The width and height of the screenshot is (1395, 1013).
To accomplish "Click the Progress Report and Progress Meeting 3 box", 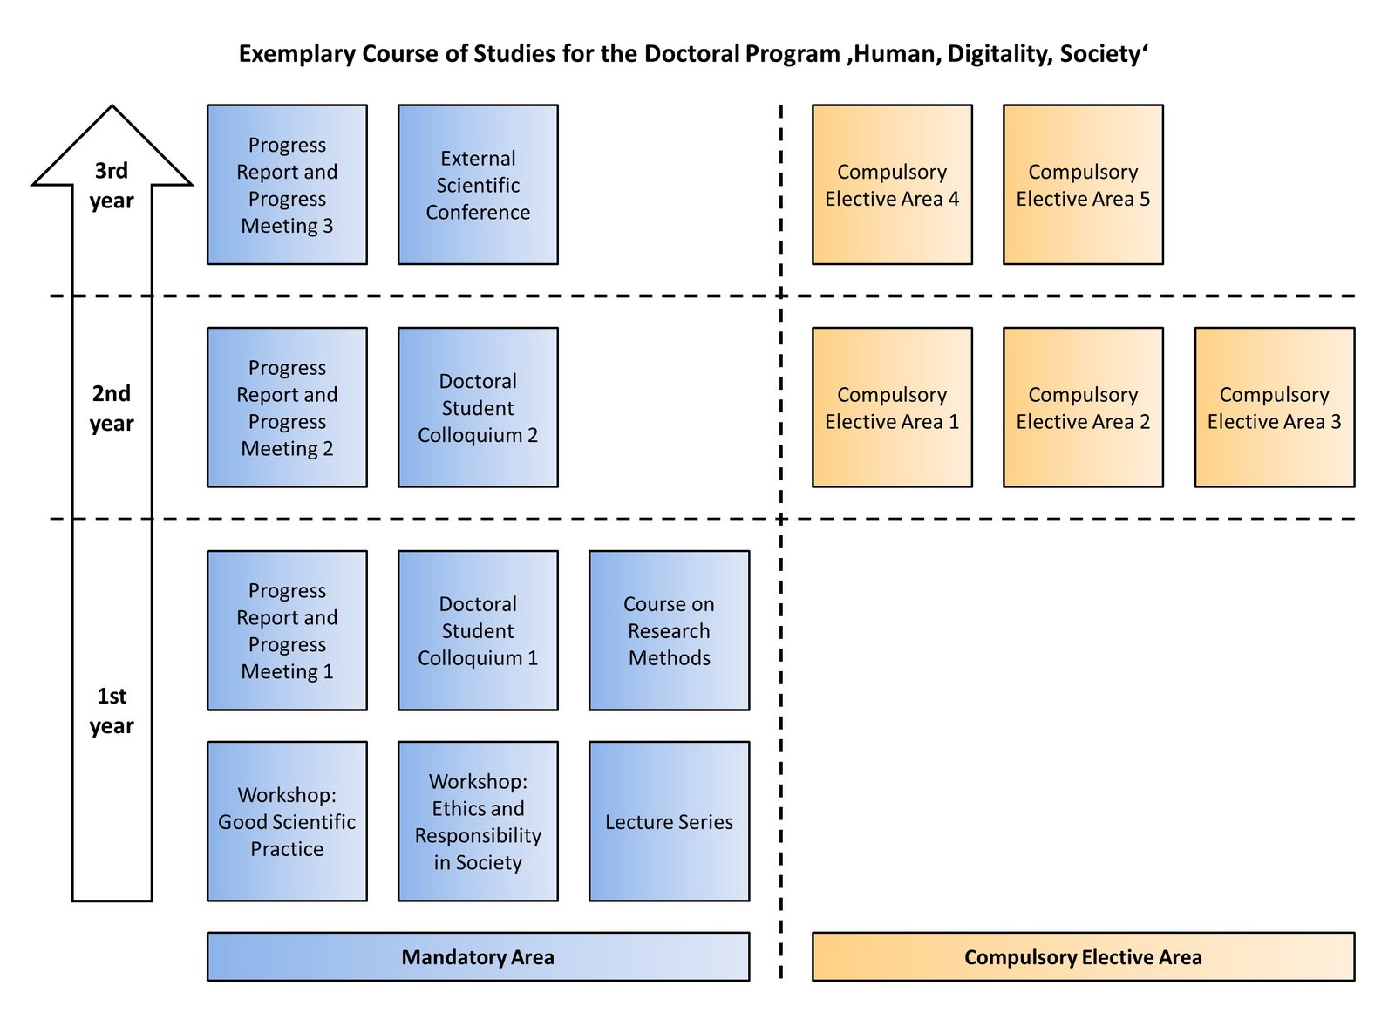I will pyautogui.click(x=287, y=185).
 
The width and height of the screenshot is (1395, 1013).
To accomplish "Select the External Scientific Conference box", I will pyautogui.click(x=478, y=185).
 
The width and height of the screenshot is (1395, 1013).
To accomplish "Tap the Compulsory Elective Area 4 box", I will pyautogui.click(x=892, y=185).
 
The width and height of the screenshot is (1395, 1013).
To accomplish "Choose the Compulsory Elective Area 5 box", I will pyautogui.click(x=1083, y=185).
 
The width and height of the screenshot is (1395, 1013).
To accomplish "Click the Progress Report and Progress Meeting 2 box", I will pyautogui.click(x=287, y=407).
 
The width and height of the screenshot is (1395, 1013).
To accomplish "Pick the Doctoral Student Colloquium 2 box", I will pyautogui.click(x=478, y=407).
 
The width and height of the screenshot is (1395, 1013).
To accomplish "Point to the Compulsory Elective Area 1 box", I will pyautogui.click(x=892, y=407).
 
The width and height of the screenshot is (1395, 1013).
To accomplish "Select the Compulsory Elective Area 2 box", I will pyautogui.click(x=1083, y=407).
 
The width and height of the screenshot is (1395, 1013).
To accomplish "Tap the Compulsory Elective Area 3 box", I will pyautogui.click(x=1274, y=407).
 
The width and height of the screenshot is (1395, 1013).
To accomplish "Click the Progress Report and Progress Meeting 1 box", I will pyautogui.click(x=287, y=630).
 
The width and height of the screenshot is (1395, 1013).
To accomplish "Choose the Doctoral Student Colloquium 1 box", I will pyautogui.click(x=478, y=630).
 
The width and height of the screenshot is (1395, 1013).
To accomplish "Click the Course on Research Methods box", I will pyautogui.click(x=669, y=630).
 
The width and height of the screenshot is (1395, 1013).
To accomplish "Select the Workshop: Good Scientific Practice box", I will pyautogui.click(x=287, y=821).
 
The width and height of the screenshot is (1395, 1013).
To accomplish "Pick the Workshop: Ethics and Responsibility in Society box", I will pyautogui.click(x=478, y=821).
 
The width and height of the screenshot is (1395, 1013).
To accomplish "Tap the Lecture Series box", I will pyautogui.click(x=669, y=821).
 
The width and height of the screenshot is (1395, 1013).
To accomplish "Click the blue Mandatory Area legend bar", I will pyautogui.click(x=478, y=956).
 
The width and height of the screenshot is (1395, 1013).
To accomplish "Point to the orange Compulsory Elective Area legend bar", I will pyautogui.click(x=1083, y=956).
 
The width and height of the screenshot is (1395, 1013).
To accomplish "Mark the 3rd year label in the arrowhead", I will pyautogui.click(x=112, y=185).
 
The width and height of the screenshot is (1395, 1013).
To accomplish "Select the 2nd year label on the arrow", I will pyautogui.click(x=112, y=408).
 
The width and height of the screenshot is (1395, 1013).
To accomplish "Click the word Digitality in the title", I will pyautogui.click(x=999, y=54).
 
